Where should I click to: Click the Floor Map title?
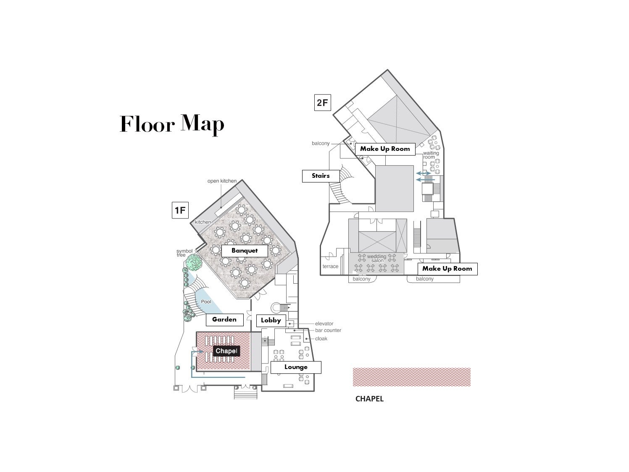(x=172, y=124)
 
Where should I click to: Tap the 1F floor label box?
(x=180, y=210)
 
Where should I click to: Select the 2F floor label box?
(x=322, y=102)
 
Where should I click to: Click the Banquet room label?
(x=245, y=251)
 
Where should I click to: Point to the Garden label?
(x=224, y=319)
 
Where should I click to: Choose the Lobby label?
(x=271, y=320)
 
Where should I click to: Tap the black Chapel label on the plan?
(x=226, y=351)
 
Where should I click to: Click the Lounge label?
(x=296, y=367)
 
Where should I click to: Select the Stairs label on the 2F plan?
(x=321, y=176)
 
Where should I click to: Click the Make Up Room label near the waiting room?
(x=385, y=149)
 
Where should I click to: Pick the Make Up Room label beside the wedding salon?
(x=447, y=269)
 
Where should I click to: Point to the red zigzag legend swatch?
(x=411, y=377)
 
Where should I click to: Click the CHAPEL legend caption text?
(x=369, y=399)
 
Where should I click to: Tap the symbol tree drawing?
(x=193, y=263)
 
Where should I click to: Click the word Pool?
(x=206, y=301)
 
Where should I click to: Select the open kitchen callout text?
(x=222, y=181)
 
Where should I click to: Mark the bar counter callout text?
(x=328, y=330)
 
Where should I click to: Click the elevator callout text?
(x=324, y=324)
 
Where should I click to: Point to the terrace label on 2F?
(x=330, y=266)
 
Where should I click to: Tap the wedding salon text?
(x=376, y=258)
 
